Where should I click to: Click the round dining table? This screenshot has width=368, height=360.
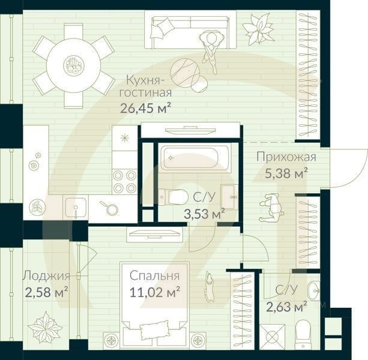point(74,64)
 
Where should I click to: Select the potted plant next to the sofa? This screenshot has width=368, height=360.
point(258,28)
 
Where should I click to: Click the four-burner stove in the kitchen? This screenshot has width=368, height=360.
point(124,181)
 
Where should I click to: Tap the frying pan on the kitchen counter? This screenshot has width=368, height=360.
point(110,208)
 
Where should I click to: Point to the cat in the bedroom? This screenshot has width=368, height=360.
point(210,286)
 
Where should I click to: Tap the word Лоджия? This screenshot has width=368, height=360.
point(46,276)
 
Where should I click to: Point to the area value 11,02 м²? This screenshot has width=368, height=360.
point(155,293)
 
